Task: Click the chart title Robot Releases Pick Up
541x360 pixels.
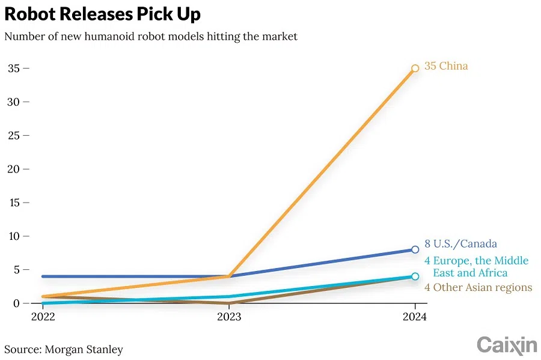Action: point(103,14)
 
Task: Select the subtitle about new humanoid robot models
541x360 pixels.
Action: point(151,37)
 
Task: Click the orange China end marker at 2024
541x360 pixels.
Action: point(415,69)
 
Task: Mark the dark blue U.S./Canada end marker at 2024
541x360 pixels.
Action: point(415,249)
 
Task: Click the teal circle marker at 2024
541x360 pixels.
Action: point(415,276)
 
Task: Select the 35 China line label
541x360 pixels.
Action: point(446,66)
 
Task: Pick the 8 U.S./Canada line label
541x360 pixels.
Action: point(461,243)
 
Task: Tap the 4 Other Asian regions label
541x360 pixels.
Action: point(478,287)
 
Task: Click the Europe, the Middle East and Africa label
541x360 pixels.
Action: point(476,266)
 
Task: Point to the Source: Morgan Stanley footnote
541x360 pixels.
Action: point(64,349)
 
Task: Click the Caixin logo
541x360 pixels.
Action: point(507,345)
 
